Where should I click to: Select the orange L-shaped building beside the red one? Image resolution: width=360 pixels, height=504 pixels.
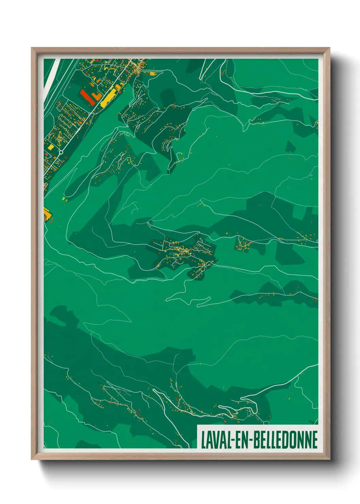point(97,96)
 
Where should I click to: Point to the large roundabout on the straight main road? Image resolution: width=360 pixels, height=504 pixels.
point(62,152)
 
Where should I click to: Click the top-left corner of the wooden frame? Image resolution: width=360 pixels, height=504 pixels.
point(32,49)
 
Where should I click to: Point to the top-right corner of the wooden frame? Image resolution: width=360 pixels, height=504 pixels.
point(329,49)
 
